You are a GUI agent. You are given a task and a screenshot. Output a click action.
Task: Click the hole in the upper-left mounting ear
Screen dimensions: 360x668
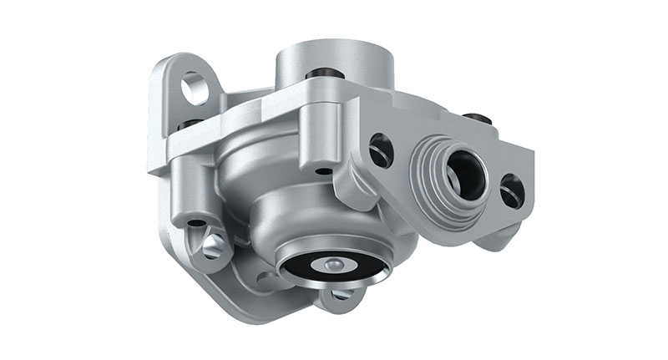195,88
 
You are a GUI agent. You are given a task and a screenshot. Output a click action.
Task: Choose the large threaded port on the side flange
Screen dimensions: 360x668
464,172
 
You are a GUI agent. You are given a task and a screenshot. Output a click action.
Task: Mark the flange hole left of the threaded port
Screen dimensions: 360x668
381,150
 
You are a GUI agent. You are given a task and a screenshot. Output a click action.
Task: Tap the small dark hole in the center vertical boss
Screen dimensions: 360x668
322,170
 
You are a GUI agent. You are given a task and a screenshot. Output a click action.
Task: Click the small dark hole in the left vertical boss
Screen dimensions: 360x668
195,223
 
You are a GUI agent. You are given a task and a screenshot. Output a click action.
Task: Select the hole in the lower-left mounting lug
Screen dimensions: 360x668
214,245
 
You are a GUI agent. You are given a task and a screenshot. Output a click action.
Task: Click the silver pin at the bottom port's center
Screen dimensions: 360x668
332,265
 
